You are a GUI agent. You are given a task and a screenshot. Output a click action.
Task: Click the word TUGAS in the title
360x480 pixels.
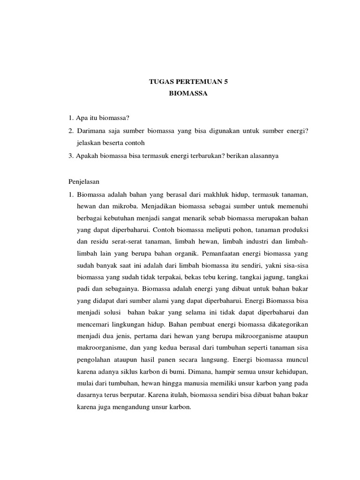159,81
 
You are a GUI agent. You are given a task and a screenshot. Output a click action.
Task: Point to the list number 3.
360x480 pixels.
70,156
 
